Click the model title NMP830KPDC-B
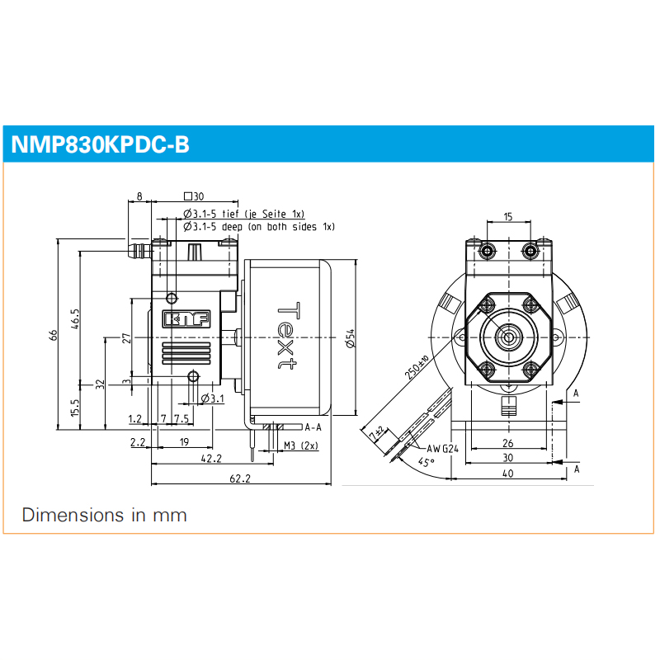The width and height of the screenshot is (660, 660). pos(100,145)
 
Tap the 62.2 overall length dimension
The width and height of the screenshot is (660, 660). pos(241,478)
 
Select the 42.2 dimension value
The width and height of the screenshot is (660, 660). pos(211,460)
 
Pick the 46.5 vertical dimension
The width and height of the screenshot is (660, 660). pos(75,318)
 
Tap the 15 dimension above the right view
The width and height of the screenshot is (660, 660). pos(507,217)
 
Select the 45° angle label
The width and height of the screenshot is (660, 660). pos(425,463)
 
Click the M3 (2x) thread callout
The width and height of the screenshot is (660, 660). pos(301,446)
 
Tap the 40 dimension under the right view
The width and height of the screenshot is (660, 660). pos(507,474)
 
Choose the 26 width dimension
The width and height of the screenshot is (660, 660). pos(507,442)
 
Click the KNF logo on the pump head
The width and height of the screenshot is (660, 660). pos(186,318)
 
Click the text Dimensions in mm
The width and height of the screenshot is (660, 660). pos(105,516)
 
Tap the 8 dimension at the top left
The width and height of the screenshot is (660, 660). pos(139,196)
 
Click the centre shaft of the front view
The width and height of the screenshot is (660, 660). pos(507,337)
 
